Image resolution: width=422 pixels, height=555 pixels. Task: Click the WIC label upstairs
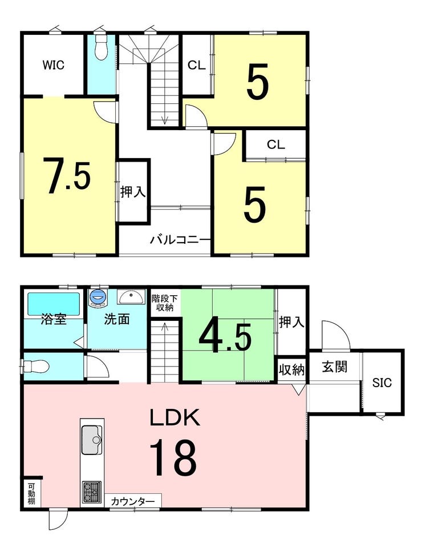point(54,65)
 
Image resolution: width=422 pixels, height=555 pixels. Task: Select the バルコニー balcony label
point(180,240)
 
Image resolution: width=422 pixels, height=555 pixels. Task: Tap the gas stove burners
point(92,492)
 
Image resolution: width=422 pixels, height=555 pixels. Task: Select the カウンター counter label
point(133,501)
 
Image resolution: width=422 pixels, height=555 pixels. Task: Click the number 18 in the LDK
point(173,458)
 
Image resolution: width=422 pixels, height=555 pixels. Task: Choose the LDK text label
point(175,417)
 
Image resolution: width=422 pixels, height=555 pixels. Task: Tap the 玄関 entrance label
point(334,367)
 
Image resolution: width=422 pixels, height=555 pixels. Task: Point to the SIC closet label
point(382,383)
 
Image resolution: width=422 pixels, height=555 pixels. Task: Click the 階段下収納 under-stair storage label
point(164,303)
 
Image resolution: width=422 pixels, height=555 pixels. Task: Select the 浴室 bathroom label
point(54,319)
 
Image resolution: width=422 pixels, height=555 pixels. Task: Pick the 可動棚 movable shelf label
point(31,493)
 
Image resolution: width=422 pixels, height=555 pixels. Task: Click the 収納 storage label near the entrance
point(291,370)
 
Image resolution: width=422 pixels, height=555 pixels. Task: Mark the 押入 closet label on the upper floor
point(132,192)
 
